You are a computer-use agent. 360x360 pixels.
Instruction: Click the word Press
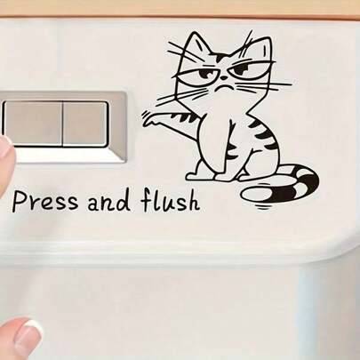[x=45, y=201]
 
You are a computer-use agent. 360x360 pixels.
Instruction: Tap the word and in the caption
[x=108, y=202]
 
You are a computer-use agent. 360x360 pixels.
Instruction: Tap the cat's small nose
[x=226, y=78]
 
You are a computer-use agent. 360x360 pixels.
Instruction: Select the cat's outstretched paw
[x=150, y=119]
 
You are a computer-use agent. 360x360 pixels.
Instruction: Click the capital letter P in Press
[x=18, y=201]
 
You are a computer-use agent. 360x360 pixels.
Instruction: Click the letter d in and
[x=124, y=201]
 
